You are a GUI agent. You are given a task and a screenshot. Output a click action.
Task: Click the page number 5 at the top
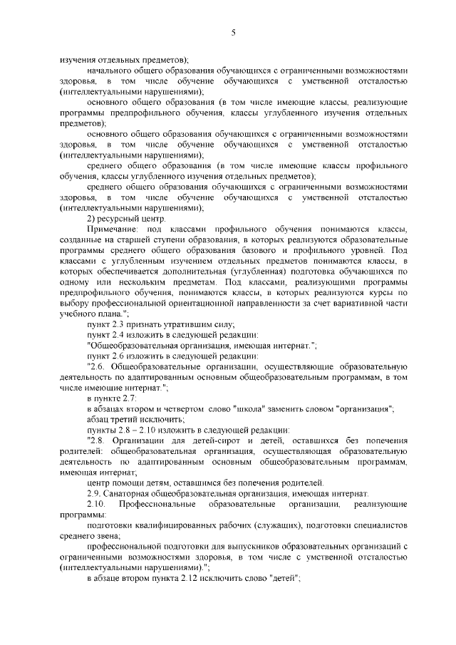[x=233, y=32]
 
